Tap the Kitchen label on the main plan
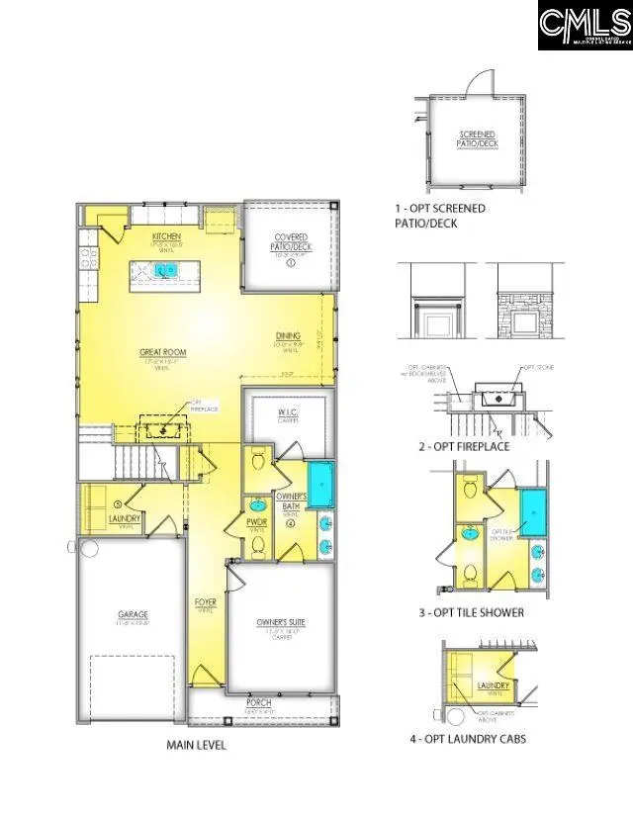point(165,236)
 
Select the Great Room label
point(163,351)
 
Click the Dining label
point(289,337)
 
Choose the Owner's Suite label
point(281,621)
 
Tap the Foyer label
point(205,599)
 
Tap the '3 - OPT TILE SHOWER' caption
point(471,612)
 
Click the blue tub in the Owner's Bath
point(320,485)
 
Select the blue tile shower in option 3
point(533,513)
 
